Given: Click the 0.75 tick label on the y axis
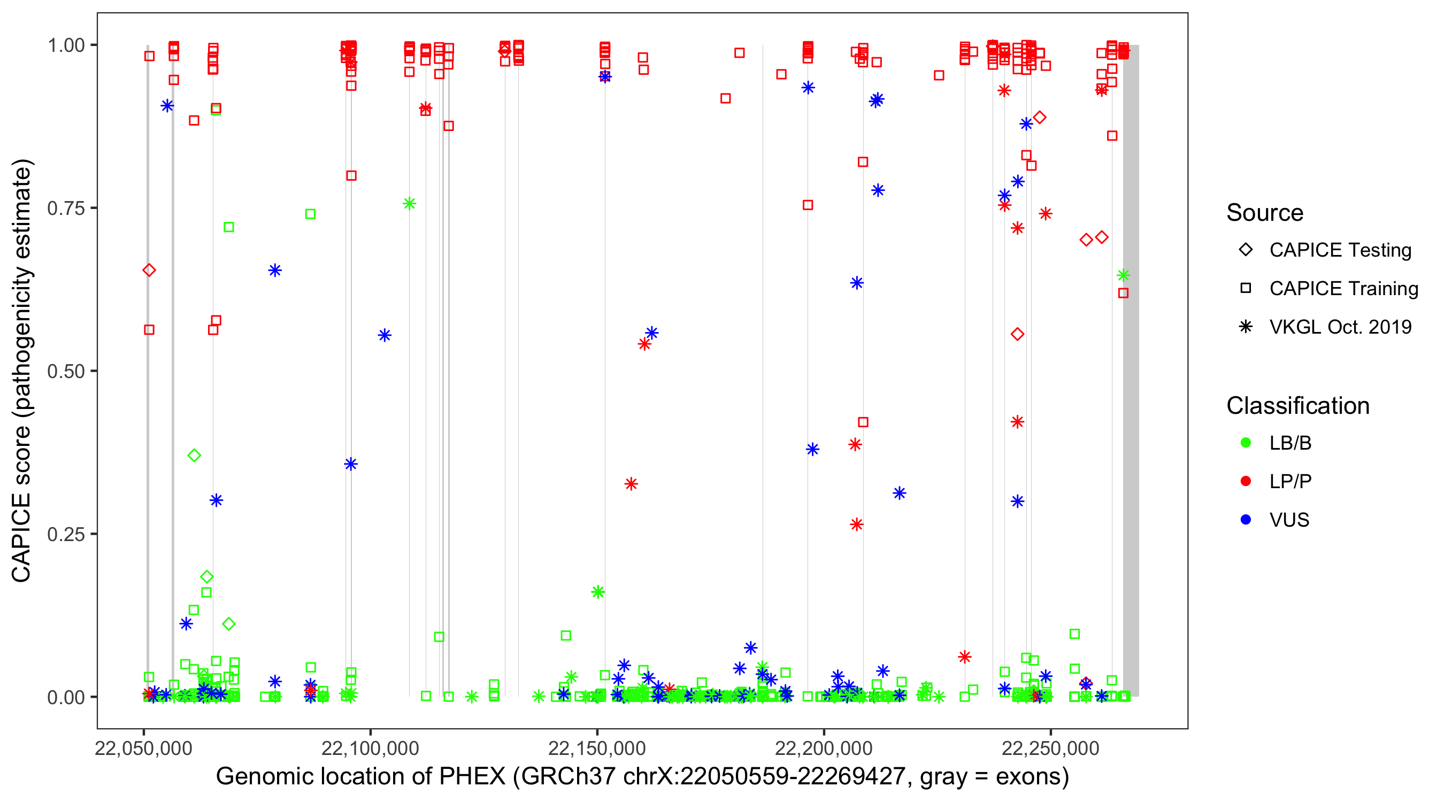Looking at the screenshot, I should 65,208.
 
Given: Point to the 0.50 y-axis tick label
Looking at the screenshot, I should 65,371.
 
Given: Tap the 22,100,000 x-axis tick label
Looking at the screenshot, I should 370,748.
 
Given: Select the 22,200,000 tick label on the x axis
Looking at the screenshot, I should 824,748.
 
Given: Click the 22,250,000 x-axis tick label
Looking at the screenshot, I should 1050,748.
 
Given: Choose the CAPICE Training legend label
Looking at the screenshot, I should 1343,289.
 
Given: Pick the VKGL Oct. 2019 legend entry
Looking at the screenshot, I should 1340,327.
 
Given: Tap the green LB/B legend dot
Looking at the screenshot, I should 1246,443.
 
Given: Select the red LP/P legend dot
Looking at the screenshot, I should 1246,481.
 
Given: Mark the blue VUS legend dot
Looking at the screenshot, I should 1246,520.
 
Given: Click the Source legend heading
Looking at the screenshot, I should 1265,213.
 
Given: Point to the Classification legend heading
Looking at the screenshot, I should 1297,406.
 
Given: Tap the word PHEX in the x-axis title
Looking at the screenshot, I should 472,777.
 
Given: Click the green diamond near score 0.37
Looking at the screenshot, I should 194,455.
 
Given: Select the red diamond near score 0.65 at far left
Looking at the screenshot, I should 149,270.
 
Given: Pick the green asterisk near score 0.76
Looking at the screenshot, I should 409,204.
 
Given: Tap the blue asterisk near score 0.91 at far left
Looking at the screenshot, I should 167,106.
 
